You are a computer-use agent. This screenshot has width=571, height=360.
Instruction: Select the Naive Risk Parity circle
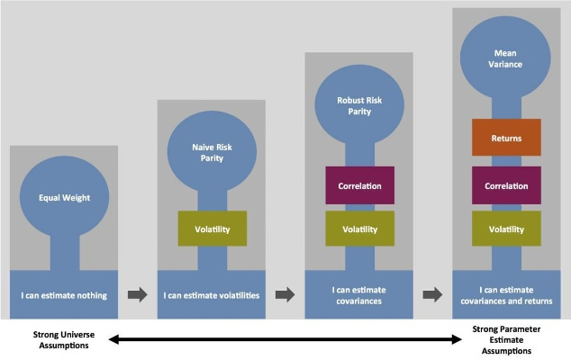tap(212, 152)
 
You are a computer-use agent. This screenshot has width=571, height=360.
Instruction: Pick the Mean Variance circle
tap(505, 58)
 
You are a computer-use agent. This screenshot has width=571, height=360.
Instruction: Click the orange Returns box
tap(506, 139)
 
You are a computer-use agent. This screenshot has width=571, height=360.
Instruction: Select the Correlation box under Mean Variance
tap(506, 185)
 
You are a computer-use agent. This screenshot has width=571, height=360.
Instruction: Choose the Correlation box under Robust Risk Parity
tap(358, 185)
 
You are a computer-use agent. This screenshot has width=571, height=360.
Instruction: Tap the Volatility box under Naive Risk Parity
tap(212, 229)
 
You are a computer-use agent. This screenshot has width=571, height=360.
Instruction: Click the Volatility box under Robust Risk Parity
tap(358, 229)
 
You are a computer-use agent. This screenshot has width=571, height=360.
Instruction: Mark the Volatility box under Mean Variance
tap(506, 229)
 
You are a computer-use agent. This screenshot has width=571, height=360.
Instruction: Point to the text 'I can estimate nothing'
tap(63, 294)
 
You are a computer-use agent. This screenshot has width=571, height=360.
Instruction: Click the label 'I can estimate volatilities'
tap(212, 294)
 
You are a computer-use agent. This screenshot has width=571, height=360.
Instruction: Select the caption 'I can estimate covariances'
tap(358, 294)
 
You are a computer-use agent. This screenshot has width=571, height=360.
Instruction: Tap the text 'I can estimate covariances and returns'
tap(506, 294)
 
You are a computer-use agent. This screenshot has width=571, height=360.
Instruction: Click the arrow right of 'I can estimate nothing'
tap(138, 294)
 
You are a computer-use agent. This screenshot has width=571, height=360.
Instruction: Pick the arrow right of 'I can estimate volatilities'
tap(285, 294)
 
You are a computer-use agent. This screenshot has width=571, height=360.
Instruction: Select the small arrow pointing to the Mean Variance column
tap(432, 294)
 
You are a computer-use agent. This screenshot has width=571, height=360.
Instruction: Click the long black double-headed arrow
tap(285, 339)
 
